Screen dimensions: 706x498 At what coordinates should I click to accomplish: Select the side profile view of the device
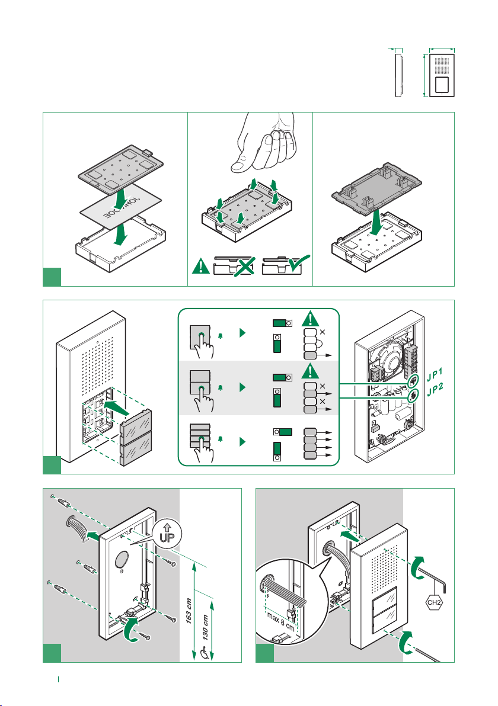click(398, 75)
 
